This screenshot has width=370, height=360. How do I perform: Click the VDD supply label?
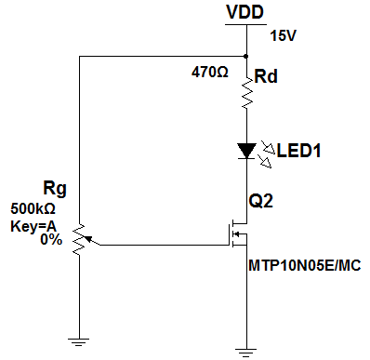click(244, 12)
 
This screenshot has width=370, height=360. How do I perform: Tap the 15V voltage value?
click(284, 36)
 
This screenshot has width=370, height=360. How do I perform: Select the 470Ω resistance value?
click(210, 73)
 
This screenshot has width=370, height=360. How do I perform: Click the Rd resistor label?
click(266, 76)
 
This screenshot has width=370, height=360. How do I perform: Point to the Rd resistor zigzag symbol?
click(247, 93)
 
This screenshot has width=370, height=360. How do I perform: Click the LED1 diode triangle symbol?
click(246, 151)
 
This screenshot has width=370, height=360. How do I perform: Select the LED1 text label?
click(298, 151)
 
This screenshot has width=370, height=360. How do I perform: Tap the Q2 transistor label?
click(261, 201)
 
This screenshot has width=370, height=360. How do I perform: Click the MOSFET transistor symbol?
click(239, 234)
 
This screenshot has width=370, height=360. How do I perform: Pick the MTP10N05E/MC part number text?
click(305, 266)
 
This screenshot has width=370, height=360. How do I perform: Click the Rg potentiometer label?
click(55, 189)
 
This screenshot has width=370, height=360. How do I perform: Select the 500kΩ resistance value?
click(33, 209)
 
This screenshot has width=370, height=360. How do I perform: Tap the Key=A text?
click(33, 227)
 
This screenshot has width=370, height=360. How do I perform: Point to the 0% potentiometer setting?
click(51, 240)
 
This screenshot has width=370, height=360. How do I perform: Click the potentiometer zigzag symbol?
click(79, 239)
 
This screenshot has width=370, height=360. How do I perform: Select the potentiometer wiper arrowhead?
click(88, 239)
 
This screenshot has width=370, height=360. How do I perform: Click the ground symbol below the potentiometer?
click(79, 342)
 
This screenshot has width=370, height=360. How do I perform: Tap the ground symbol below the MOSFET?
click(246, 353)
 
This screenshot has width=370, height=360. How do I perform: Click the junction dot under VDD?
click(246, 56)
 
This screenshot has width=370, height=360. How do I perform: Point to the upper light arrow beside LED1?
click(269, 147)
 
